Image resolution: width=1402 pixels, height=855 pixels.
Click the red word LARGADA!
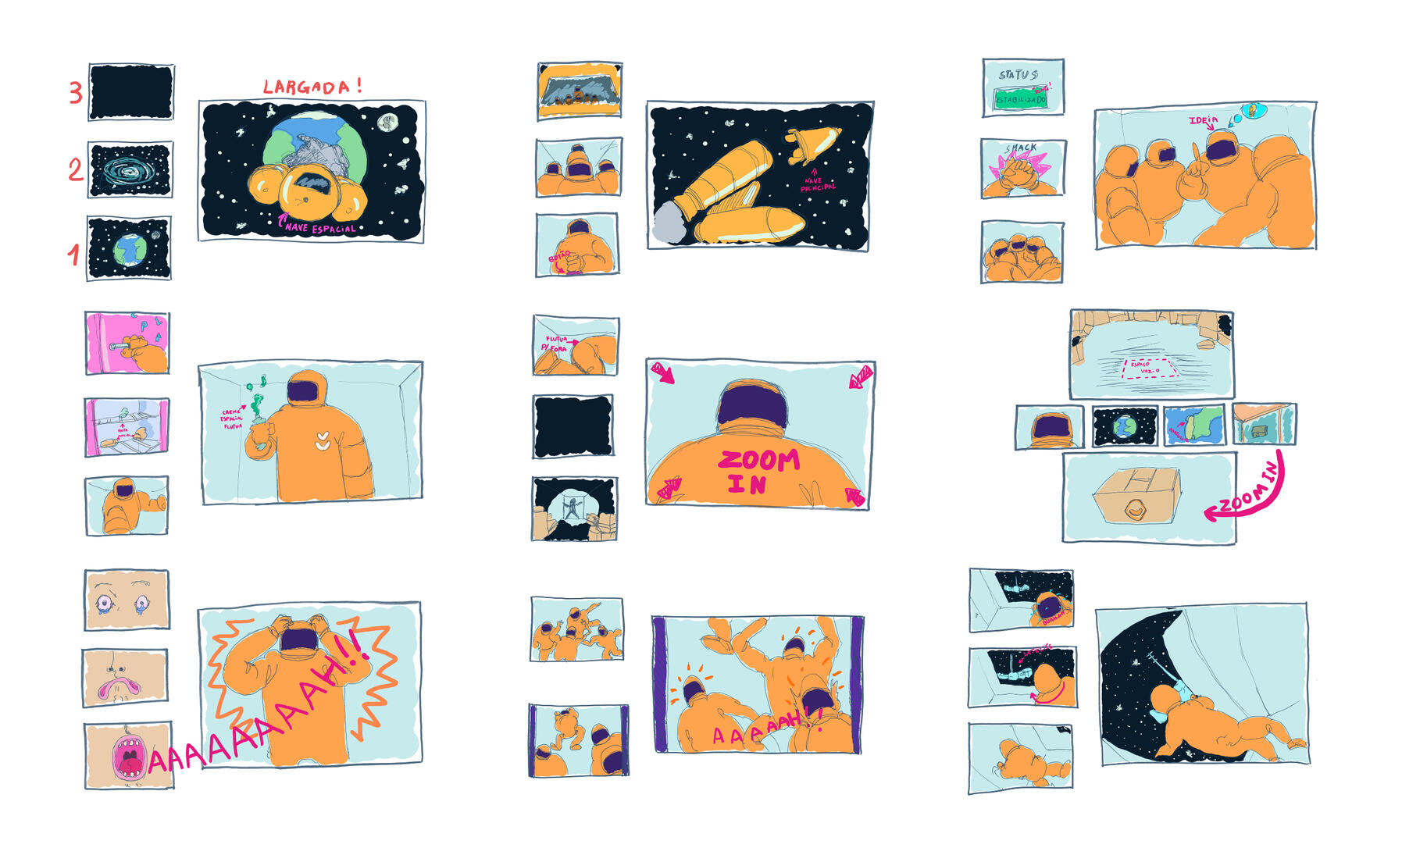(x=312, y=87)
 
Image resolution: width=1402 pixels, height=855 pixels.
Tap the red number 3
(x=75, y=93)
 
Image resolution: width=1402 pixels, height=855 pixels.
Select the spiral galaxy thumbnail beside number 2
(x=130, y=169)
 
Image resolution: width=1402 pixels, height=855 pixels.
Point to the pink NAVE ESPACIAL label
(x=319, y=228)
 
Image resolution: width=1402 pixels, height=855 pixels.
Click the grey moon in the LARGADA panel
(x=387, y=123)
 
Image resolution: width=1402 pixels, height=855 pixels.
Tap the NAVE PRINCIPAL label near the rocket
(x=817, y=184)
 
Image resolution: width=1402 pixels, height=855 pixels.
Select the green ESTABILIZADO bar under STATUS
(x=1020, y=100)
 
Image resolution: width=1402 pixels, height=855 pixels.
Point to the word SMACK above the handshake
(x=1022, y=148)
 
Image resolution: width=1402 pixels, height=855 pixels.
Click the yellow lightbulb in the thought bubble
(x=1253, y=110)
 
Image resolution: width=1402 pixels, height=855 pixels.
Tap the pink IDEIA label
(x=1203, y=120)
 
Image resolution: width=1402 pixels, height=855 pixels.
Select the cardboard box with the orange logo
(x=1137, y=497)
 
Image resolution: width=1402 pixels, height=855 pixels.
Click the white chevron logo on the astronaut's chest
(x=322, y=443)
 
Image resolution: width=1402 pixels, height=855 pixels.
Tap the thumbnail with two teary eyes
(x=126, y=600)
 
